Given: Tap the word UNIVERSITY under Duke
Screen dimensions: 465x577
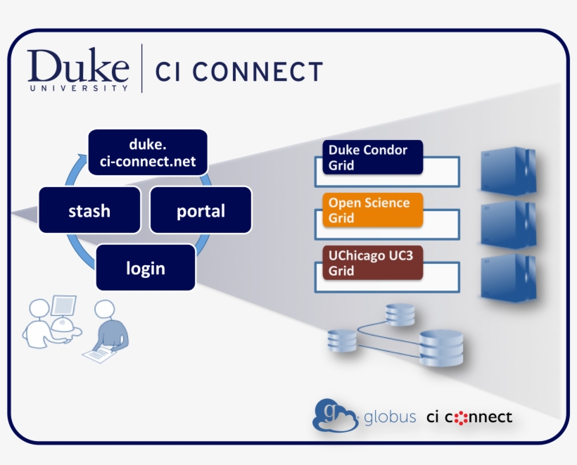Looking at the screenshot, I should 79,89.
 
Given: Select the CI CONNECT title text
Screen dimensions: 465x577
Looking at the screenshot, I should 239,72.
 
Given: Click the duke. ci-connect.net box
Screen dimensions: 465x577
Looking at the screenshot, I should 147,153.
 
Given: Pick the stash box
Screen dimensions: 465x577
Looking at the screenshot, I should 89,210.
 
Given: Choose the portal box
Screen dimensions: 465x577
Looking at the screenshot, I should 201,210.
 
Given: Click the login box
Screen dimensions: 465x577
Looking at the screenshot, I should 146,267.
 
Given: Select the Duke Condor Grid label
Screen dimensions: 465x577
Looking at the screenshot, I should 372,158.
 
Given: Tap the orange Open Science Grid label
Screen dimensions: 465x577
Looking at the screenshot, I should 372,210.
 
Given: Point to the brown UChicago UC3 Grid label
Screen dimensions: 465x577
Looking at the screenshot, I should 372,263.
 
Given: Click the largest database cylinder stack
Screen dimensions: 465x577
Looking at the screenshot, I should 441,347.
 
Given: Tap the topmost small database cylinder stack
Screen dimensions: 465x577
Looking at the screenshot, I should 400,314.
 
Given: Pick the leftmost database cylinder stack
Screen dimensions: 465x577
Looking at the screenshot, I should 342,340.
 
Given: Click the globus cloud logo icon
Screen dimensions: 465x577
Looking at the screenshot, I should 335,415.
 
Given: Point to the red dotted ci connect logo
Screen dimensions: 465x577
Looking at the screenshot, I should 469,417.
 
